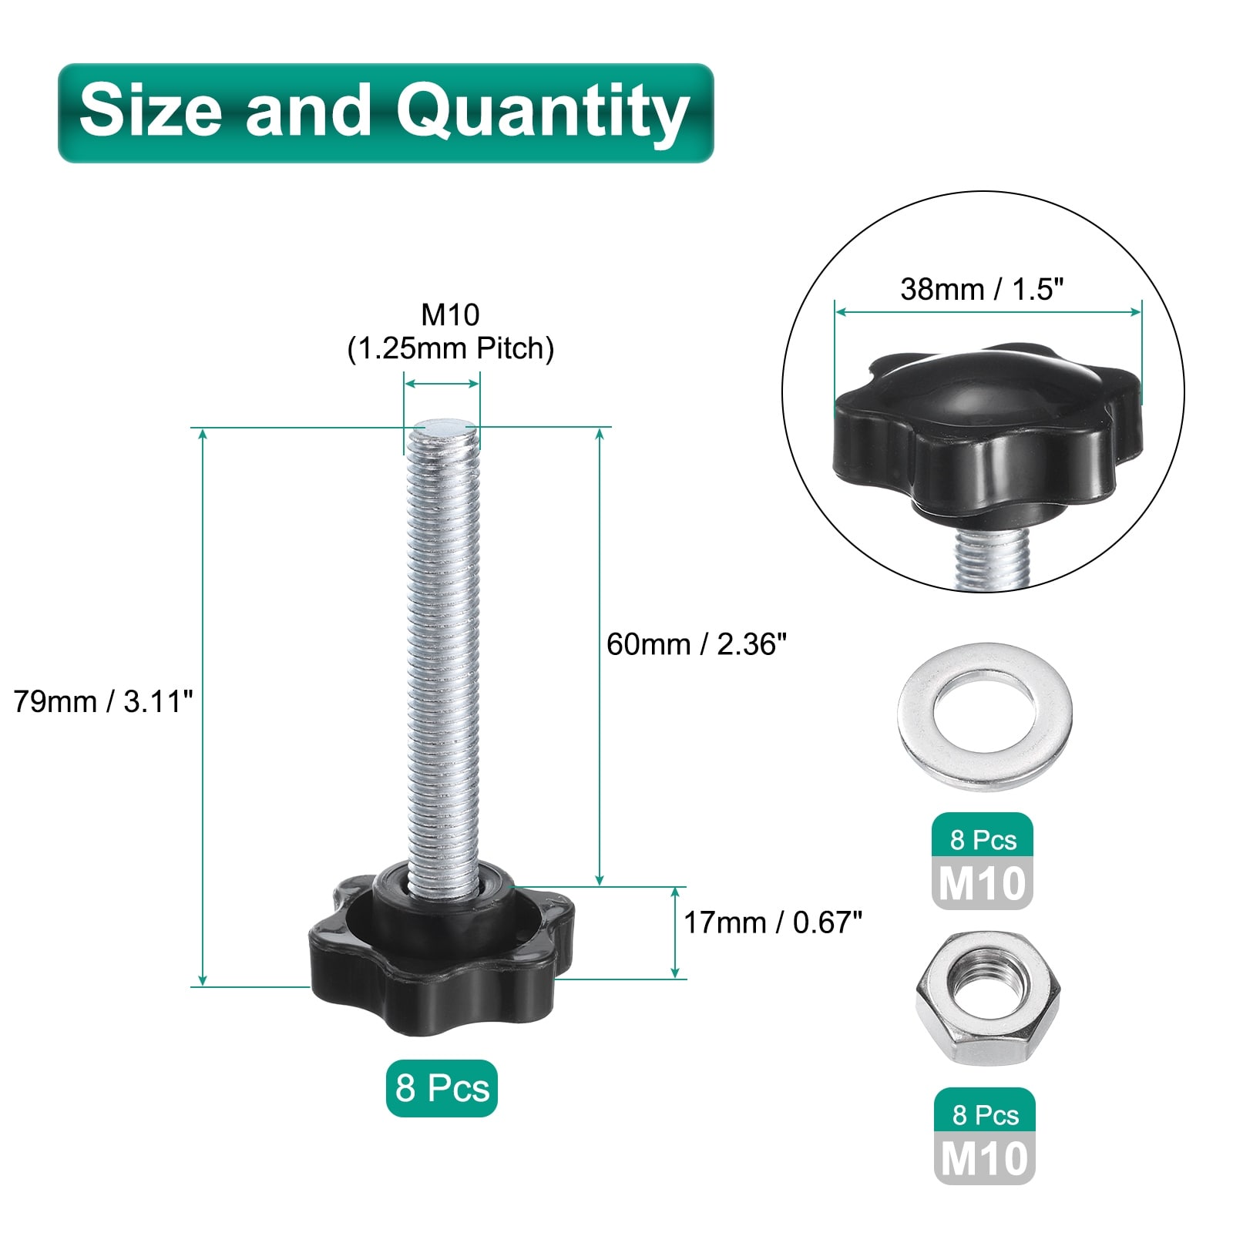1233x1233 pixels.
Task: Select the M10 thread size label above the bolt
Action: [450, 314]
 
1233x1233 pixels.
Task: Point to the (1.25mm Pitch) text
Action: [451, 348]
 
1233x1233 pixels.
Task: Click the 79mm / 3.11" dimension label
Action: [103, 701]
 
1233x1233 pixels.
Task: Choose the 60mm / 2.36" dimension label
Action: [697, 644]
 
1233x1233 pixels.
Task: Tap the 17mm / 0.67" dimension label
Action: [773, 922]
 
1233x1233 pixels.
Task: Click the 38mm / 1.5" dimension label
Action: [982, 289]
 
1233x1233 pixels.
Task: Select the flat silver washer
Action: [985, 717]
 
